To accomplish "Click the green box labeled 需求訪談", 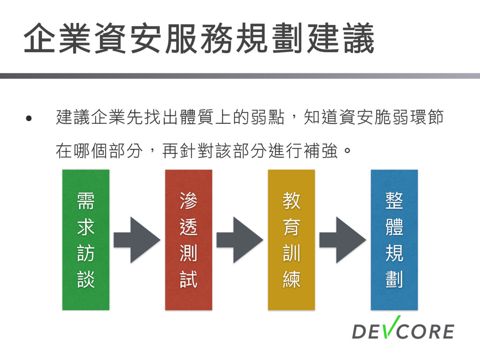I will coord(86,240).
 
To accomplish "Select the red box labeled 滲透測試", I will coord(188,240).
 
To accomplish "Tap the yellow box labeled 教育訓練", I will coord(291,240).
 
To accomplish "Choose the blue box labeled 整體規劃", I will coord(394,240).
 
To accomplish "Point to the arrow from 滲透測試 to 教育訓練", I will coord(240,240).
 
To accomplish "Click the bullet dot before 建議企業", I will coord(30,118).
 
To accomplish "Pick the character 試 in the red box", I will coord(188,280).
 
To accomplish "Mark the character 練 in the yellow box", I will coord(291,280).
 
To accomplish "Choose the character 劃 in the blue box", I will coord(394,280).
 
